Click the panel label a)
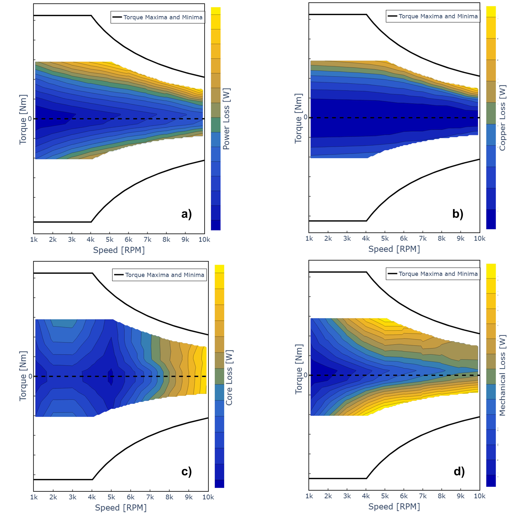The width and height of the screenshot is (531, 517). pyautogui.click(x=186, y=214)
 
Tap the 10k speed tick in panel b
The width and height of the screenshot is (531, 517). pyautogui.click(x=479, y=238)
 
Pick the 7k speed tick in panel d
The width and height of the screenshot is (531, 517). pyautogui.click(x=423, y=496)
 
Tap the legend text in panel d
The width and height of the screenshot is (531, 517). pyautogui.click(x=438, y=274)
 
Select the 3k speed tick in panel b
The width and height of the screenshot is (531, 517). pyautogui.click(x=347, y=238)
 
